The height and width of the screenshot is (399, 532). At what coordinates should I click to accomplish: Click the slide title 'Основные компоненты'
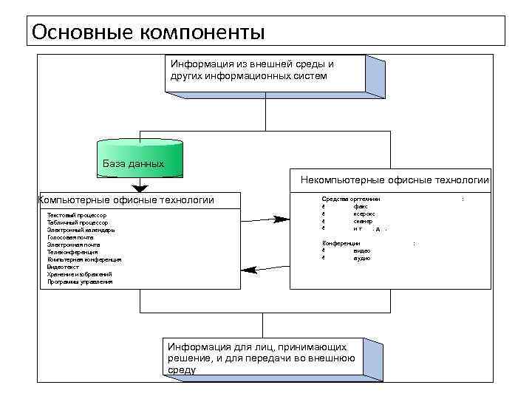(x=148, y=32)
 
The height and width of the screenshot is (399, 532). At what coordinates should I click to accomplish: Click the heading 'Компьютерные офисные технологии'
(x=126, y=199)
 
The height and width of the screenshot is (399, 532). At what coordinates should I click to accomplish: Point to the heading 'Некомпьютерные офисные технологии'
(x=395, y=180)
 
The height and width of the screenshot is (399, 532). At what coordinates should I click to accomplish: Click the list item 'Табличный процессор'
(x=77, y=222)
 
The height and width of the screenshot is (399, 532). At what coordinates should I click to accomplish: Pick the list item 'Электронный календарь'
(x=81, y=230)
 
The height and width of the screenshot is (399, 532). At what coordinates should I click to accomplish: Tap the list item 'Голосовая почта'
(x=70, y=237)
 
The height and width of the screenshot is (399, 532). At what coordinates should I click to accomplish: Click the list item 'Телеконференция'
(x=72, y=252)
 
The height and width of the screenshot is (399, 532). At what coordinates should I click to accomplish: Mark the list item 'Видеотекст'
(x=63, y=267)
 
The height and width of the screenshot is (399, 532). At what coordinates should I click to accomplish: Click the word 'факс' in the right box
(x=361, y=207)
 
